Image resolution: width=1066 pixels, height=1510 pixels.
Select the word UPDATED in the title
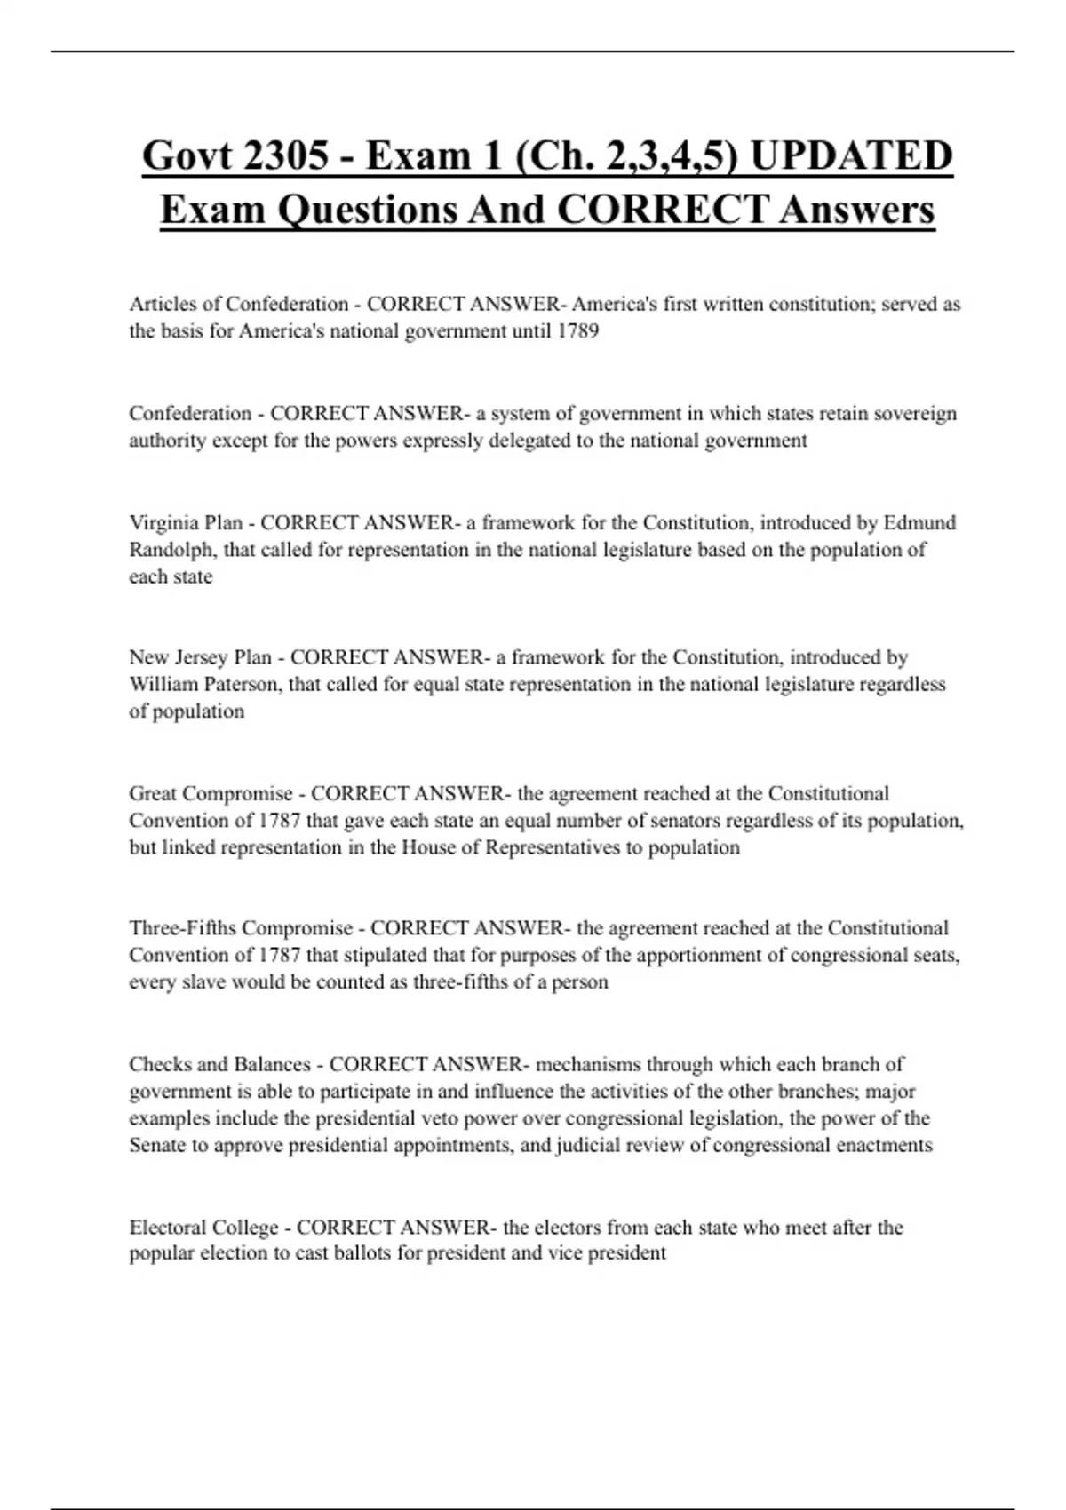pos(852,156)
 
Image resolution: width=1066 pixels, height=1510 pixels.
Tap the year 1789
pos(577,331)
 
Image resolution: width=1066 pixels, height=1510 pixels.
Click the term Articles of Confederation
pos(239,304)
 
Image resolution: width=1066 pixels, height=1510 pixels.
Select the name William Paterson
pos(203,685)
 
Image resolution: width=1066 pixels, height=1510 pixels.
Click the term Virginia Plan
pos(186,522)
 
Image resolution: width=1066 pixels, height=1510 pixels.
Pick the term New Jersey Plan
pos(201,657)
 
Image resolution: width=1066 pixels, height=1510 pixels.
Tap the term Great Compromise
pos(211,793)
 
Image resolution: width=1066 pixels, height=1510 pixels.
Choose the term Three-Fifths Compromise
pos(241,928)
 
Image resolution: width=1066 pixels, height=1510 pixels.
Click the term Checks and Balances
pos(219,1064)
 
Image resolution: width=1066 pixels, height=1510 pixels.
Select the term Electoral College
pos(203,1228)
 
